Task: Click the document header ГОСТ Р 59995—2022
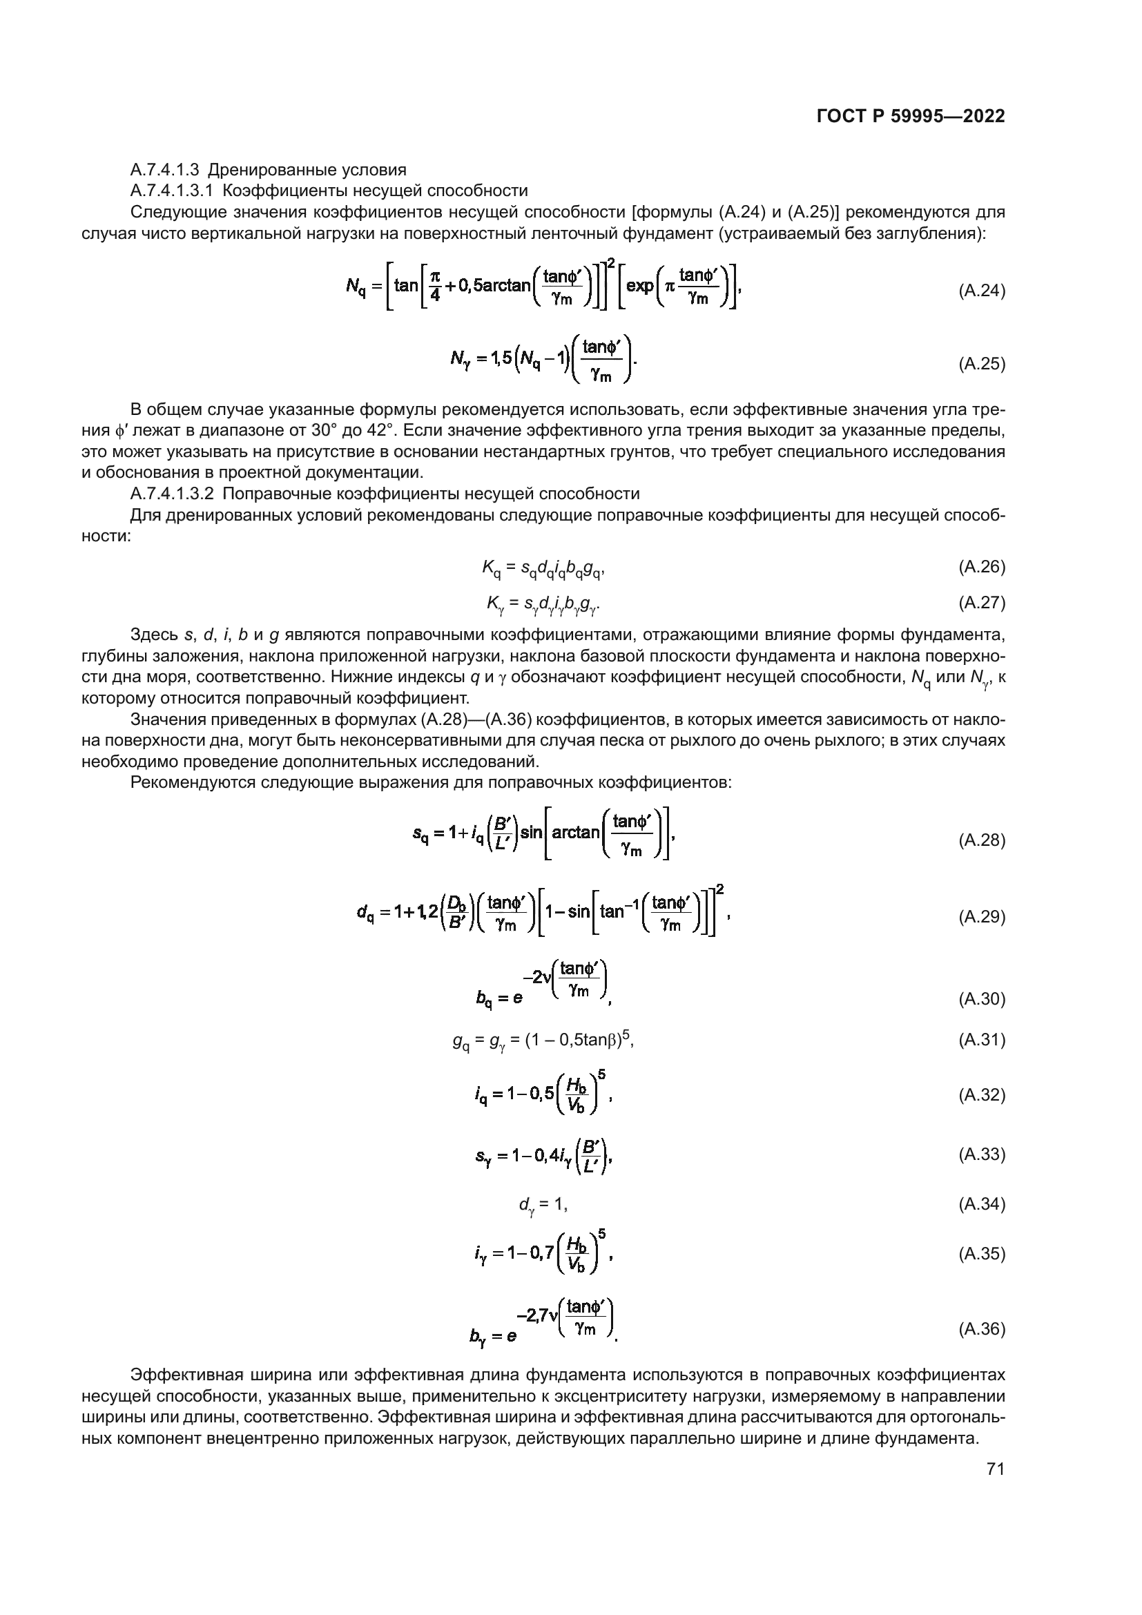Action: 911,117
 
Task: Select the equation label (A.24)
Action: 982,291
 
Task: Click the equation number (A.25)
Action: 982,364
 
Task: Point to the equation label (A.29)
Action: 982,916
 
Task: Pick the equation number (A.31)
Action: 982,1040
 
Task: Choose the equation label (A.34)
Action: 982,1204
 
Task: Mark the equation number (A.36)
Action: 982,1328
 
